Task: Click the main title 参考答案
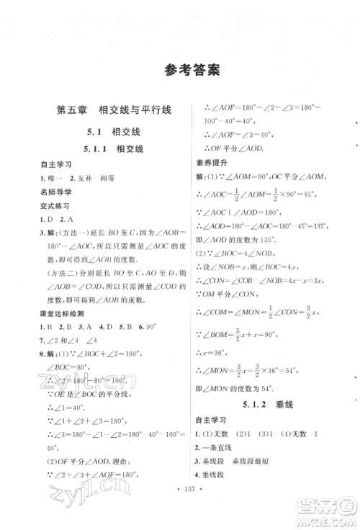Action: [180, 70]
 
